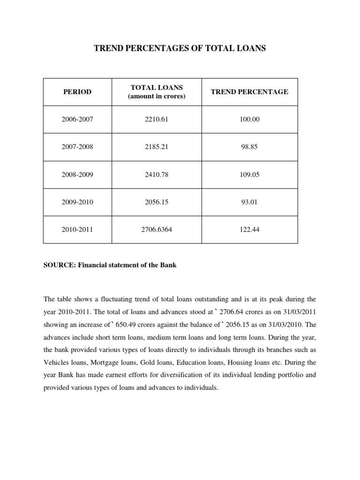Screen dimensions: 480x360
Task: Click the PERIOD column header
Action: (77, 92)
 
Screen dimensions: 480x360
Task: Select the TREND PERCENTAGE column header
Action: (249, 92)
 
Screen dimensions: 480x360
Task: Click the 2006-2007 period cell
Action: (77, 120)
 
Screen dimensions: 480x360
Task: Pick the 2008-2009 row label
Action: (77, 175)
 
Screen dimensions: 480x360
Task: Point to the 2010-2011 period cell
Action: (77, 230)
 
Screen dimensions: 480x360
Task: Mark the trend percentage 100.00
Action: (249, 120)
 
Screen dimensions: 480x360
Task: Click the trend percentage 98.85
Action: (249, 147)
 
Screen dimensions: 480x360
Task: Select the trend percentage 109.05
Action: (249, 175)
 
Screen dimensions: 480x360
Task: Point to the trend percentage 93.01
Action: (249, 202)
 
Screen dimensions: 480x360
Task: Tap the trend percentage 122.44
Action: (249, 230)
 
